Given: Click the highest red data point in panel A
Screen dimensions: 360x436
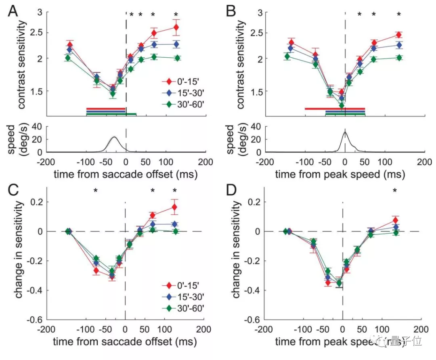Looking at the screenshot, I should click(176, 27).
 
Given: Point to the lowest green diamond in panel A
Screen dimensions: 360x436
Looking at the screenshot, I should click(113, 94).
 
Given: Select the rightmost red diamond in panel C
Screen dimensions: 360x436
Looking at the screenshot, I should click(174, 207).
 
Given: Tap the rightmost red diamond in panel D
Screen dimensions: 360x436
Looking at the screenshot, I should click(395, 220).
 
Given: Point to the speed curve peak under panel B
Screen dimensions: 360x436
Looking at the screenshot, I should click(345, 132).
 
